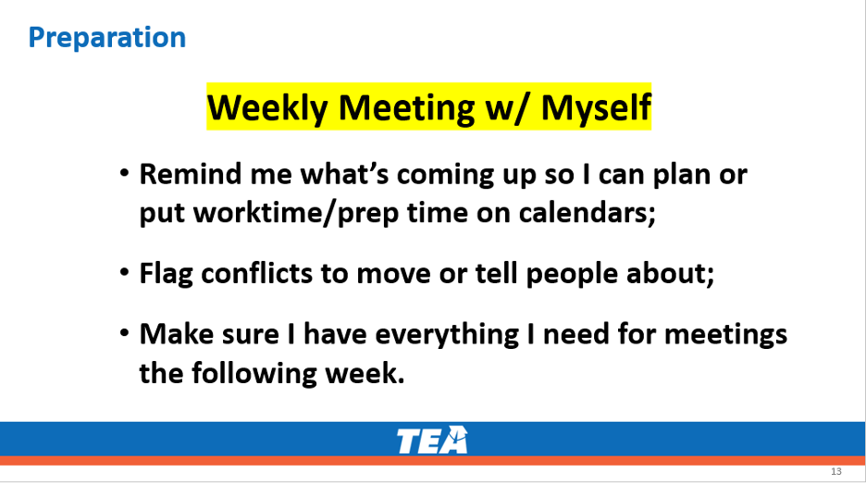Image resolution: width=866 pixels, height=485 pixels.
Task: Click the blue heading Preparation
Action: click(107, 39)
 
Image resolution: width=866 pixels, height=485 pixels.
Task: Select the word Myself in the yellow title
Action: click(596, 108)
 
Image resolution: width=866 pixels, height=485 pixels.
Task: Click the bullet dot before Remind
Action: click(124, 173)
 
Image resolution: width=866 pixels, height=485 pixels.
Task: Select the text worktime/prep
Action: click(296, 214)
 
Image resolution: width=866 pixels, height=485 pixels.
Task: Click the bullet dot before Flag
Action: click(124, 273)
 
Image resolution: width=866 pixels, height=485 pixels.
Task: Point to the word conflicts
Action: click(257, 273)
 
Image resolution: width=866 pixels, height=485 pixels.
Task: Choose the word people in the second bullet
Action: click(572, 275)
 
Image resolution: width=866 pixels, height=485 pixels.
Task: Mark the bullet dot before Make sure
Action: click(124, 333)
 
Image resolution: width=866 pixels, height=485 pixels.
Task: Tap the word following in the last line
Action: click(254, 374)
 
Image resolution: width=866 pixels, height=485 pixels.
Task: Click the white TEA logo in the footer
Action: click(432, 440)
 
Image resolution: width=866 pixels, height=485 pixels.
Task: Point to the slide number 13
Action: click(836, 471)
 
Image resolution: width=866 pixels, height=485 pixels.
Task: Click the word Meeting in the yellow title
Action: click(406, 108)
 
